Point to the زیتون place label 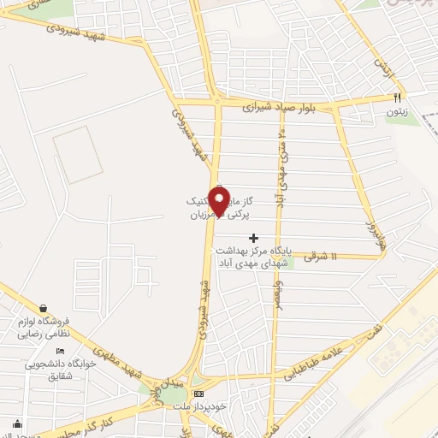point(397,111)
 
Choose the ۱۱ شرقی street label point(334,256)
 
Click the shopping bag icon point(42,308)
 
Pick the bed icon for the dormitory point(60,351)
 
